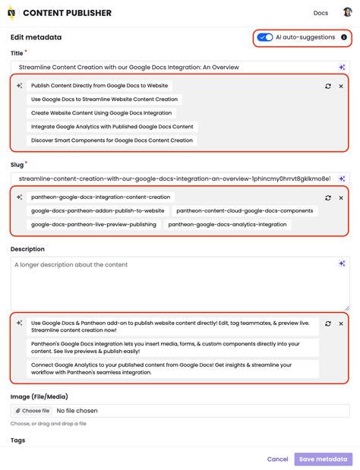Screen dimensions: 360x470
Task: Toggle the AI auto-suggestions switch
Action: [265, 37]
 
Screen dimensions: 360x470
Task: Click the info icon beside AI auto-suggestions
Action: [344, 37]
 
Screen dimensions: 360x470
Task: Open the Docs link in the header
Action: [321, 13]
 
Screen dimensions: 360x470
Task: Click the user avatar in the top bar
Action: [347, 13]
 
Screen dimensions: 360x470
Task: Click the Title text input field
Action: [171, 68]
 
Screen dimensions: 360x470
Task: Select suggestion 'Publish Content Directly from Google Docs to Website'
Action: [99, 86]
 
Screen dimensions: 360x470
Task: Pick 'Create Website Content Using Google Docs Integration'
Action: [102, 113]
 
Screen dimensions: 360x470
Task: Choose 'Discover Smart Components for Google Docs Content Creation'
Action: [112, 140]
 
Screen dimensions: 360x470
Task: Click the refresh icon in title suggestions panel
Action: [327, 87]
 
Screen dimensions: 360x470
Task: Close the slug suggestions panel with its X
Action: [341, 197]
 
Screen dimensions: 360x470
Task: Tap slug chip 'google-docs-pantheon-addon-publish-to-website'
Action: [97, 211]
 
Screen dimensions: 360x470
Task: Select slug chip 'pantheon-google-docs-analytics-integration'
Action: [229, 225]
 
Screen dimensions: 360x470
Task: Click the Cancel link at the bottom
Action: [277, 459]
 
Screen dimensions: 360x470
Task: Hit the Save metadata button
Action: [323, 459]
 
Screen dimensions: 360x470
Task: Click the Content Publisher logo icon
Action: [11, 13]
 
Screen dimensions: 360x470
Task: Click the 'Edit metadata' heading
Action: [36, 37]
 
